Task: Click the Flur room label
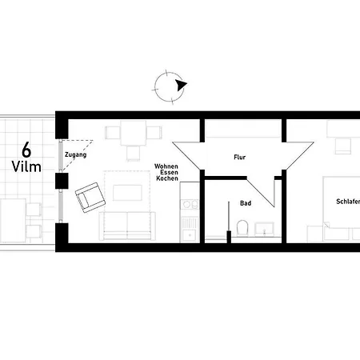tap(239, 158)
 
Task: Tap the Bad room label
tap(246, 203)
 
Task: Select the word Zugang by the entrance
tap(75, 155)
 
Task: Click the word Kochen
tap(167, 178)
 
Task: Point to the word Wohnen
tap(166, 166)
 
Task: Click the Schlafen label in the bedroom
tap(348, 202)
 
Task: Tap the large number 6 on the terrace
tap(26, 150)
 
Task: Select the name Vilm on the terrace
tap(26, 167)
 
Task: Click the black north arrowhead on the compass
tap(181, 85)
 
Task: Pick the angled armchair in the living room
tap(90, 198)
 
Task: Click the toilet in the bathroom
tap(242, 228)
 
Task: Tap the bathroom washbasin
tap(264, 230)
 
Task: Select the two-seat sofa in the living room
tap(127, 226)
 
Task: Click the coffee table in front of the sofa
tap(127, 193)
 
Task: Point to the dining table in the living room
tap(133, 133)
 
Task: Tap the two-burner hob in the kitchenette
tap(190, 205)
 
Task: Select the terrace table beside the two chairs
tap(13, 220)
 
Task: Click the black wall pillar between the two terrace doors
tap(62, 181)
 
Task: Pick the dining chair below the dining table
tap(133, 154)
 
